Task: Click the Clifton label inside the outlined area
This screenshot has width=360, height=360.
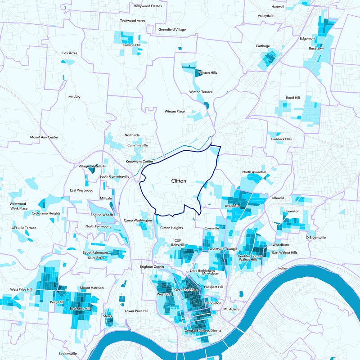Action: [179, 181]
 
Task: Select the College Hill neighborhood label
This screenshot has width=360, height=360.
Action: [131, 45]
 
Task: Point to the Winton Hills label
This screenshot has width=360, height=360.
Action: [207, 72]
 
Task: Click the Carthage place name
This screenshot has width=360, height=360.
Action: [263, 46]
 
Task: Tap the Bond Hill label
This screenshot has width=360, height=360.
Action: [292, 98]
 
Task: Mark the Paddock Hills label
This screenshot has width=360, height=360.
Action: [281, 139]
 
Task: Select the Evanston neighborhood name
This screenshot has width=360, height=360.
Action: [292, 211]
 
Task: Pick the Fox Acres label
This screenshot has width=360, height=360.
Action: [70, 53]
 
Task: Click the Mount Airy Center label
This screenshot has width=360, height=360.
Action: [44, 137]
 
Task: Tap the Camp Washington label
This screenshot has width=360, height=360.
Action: [138, 220]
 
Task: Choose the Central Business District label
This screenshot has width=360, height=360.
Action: [203, 331]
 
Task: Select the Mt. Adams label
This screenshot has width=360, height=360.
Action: [231, 309]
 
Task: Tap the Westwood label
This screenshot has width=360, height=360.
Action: [18, 204]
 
